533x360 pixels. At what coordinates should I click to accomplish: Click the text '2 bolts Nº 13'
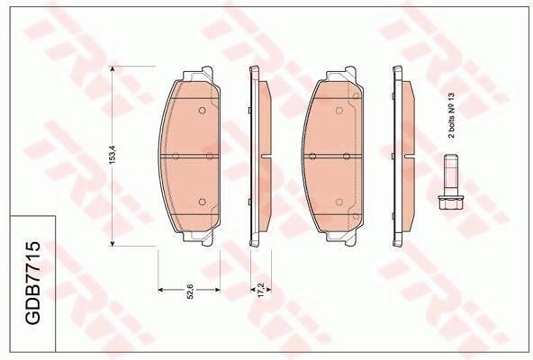click(x=453, y=114)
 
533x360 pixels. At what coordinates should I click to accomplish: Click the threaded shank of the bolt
click(x=450, y=175)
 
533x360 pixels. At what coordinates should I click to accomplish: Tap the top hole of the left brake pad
click(x=201, y=112)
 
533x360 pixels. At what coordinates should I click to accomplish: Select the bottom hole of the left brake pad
click(x=201, y=200)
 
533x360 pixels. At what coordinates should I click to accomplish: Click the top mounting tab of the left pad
click(x=195, y=73)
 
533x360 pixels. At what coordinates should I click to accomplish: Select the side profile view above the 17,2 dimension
click(x=259, y=155)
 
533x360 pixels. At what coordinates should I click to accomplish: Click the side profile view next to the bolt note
click(x=399, y=155)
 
